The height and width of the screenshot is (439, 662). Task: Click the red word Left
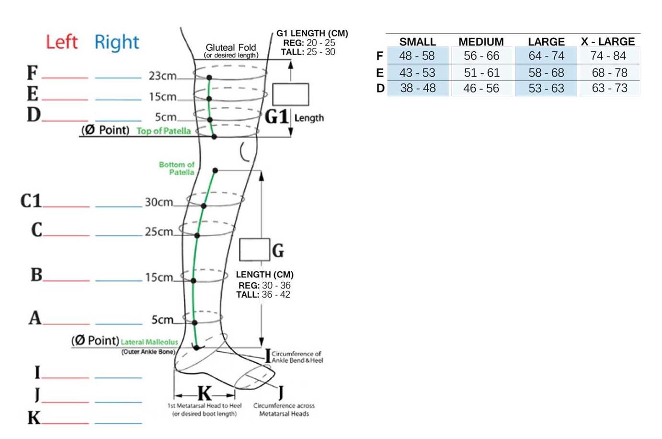coord(61,42)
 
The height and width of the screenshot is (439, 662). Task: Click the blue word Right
coord(116,42)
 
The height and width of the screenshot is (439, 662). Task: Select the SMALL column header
coord(417,42)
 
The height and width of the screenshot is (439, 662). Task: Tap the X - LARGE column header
coord(607,42)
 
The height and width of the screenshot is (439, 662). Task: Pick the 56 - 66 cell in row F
coord(481,56)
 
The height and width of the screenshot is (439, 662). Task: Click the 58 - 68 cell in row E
coord(546,73)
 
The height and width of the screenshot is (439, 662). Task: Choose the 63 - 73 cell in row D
coord(609,88)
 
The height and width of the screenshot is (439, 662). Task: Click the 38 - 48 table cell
coord(418,88)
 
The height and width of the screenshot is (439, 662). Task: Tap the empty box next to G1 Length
coord(290,94)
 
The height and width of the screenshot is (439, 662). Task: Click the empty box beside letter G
coord(254,250)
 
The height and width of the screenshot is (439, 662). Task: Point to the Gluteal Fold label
coord(230,47)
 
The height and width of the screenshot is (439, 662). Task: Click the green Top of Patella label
coord(163,131)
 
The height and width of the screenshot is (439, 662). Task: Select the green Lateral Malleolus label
coord(149,342)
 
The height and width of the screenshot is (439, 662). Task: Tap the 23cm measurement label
coord(162,76)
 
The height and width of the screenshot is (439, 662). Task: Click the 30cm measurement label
coord(159,202)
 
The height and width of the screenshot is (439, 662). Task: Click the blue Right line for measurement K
coord(118,423)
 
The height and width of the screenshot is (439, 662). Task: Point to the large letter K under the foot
coord(205,393)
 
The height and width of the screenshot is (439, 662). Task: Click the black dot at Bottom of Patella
coord(216,171)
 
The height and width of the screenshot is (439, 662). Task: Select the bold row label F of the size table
coord(379,56)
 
